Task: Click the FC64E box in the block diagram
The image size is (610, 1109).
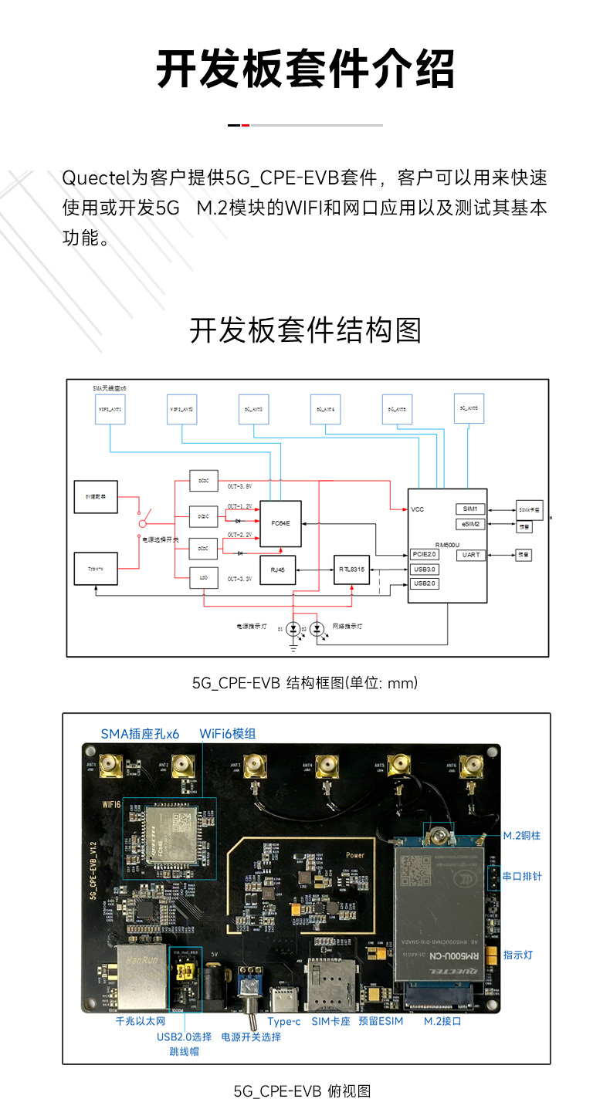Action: (280, 522)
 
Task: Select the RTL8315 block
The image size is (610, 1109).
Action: (351, 570)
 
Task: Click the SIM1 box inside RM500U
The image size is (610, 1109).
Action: (470, 509)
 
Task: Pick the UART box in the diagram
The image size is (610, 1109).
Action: (470, 555)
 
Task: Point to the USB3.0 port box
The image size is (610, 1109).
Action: (424, 570)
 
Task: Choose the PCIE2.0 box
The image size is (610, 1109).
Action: (424, 555)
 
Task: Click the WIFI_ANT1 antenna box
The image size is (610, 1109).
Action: (109, 408)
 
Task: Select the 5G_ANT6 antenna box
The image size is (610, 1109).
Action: (469, 407)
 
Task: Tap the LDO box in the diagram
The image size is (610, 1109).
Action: (204, 576)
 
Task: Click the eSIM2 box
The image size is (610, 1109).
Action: (470, 525)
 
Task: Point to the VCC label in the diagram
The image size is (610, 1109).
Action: (418, 509)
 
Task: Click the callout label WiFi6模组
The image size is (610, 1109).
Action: (227, 734)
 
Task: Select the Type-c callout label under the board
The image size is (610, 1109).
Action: (284, 1022)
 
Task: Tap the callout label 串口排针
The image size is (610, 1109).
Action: (523, 877)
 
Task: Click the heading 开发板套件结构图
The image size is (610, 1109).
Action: (305, 330)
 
